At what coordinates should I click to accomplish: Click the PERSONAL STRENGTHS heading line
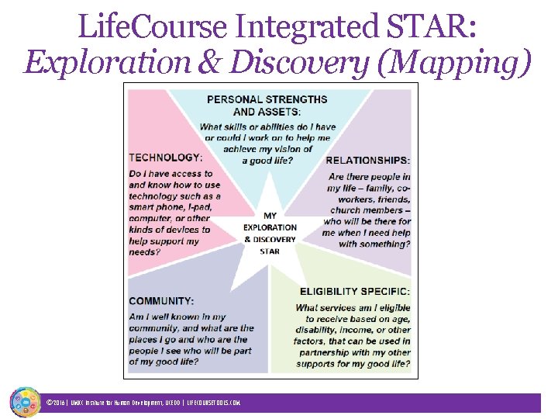[x=267, y=99]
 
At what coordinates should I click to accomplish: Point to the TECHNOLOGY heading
[x=165, y=158]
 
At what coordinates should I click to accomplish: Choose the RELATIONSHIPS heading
[x=368, y=161]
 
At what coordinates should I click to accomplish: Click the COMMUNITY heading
[x=161, y=301]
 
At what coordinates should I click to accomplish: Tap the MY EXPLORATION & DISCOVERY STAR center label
[x=270, y=234]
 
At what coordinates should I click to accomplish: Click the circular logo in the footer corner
[x=25, y=402]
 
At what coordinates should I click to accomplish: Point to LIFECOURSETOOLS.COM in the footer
[x=214, y=403]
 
